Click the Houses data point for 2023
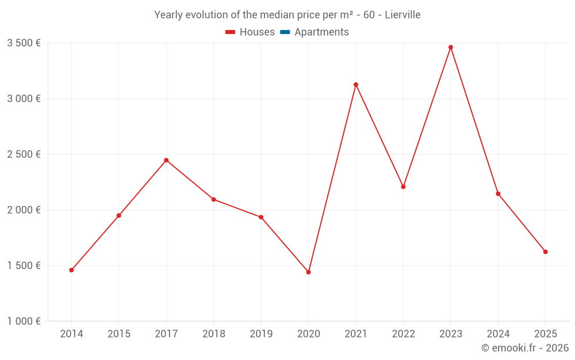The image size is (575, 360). pos(451,47)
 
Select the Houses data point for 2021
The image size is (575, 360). pos(356,85)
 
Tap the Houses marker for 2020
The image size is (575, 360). pos(308,272)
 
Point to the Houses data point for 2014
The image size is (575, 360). pos(71,270)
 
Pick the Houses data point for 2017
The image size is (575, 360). pos(166,160)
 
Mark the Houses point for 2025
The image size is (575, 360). pos(546,252)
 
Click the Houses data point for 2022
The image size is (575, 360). pos(403,187)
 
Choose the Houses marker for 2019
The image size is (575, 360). pos(261,217)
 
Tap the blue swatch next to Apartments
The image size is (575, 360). pos(285,32)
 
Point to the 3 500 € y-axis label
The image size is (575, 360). pos(24,43)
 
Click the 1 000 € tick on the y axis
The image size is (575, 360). pos(24,321)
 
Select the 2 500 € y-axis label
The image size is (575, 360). pos(24,154)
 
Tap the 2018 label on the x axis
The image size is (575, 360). pos(213,334)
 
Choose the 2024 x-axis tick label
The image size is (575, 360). pos(498,334)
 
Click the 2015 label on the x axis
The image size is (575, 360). pos(118,334)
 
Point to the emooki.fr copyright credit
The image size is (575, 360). pos(524,348)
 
